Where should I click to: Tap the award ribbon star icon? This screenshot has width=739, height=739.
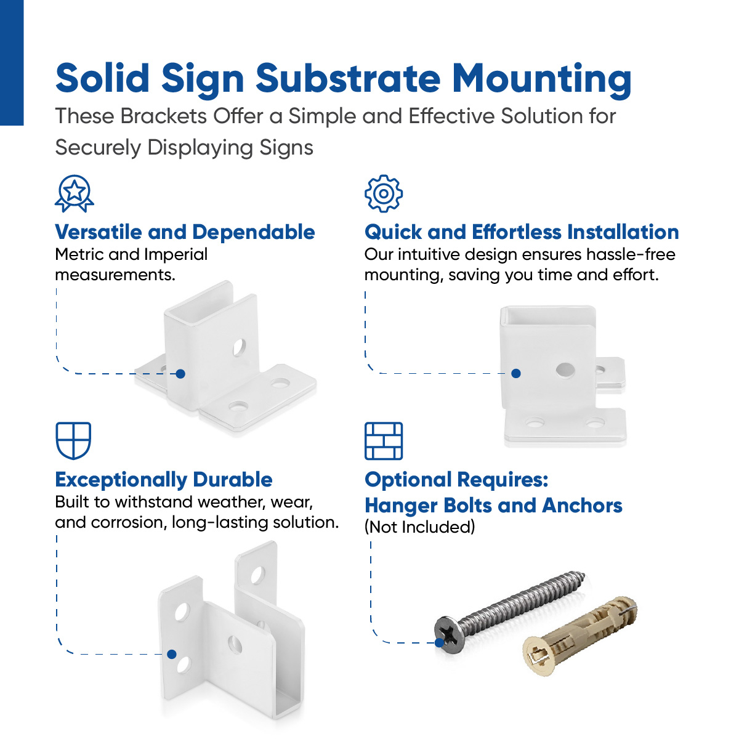pos(75,193)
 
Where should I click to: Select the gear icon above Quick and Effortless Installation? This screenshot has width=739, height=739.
pos(383,193)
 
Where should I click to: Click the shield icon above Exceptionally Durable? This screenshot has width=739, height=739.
pos(73,440)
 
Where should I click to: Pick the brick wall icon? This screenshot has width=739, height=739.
pos(384,440)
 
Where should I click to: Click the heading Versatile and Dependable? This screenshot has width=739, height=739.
pos(185,232)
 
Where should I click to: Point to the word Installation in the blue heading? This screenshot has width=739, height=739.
pos(623,232)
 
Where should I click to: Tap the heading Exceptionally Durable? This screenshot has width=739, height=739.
pos(164,480)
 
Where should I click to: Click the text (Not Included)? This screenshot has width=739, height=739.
pos(420,527)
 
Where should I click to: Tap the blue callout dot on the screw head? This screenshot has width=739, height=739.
pos(440,642)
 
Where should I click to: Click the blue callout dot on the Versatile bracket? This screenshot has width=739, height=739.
pos(180,374)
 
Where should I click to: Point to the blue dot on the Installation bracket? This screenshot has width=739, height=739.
pos(516,373)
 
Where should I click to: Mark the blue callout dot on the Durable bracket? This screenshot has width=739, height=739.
pos(172,654)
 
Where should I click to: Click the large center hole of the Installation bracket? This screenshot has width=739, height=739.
pos(565,370)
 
